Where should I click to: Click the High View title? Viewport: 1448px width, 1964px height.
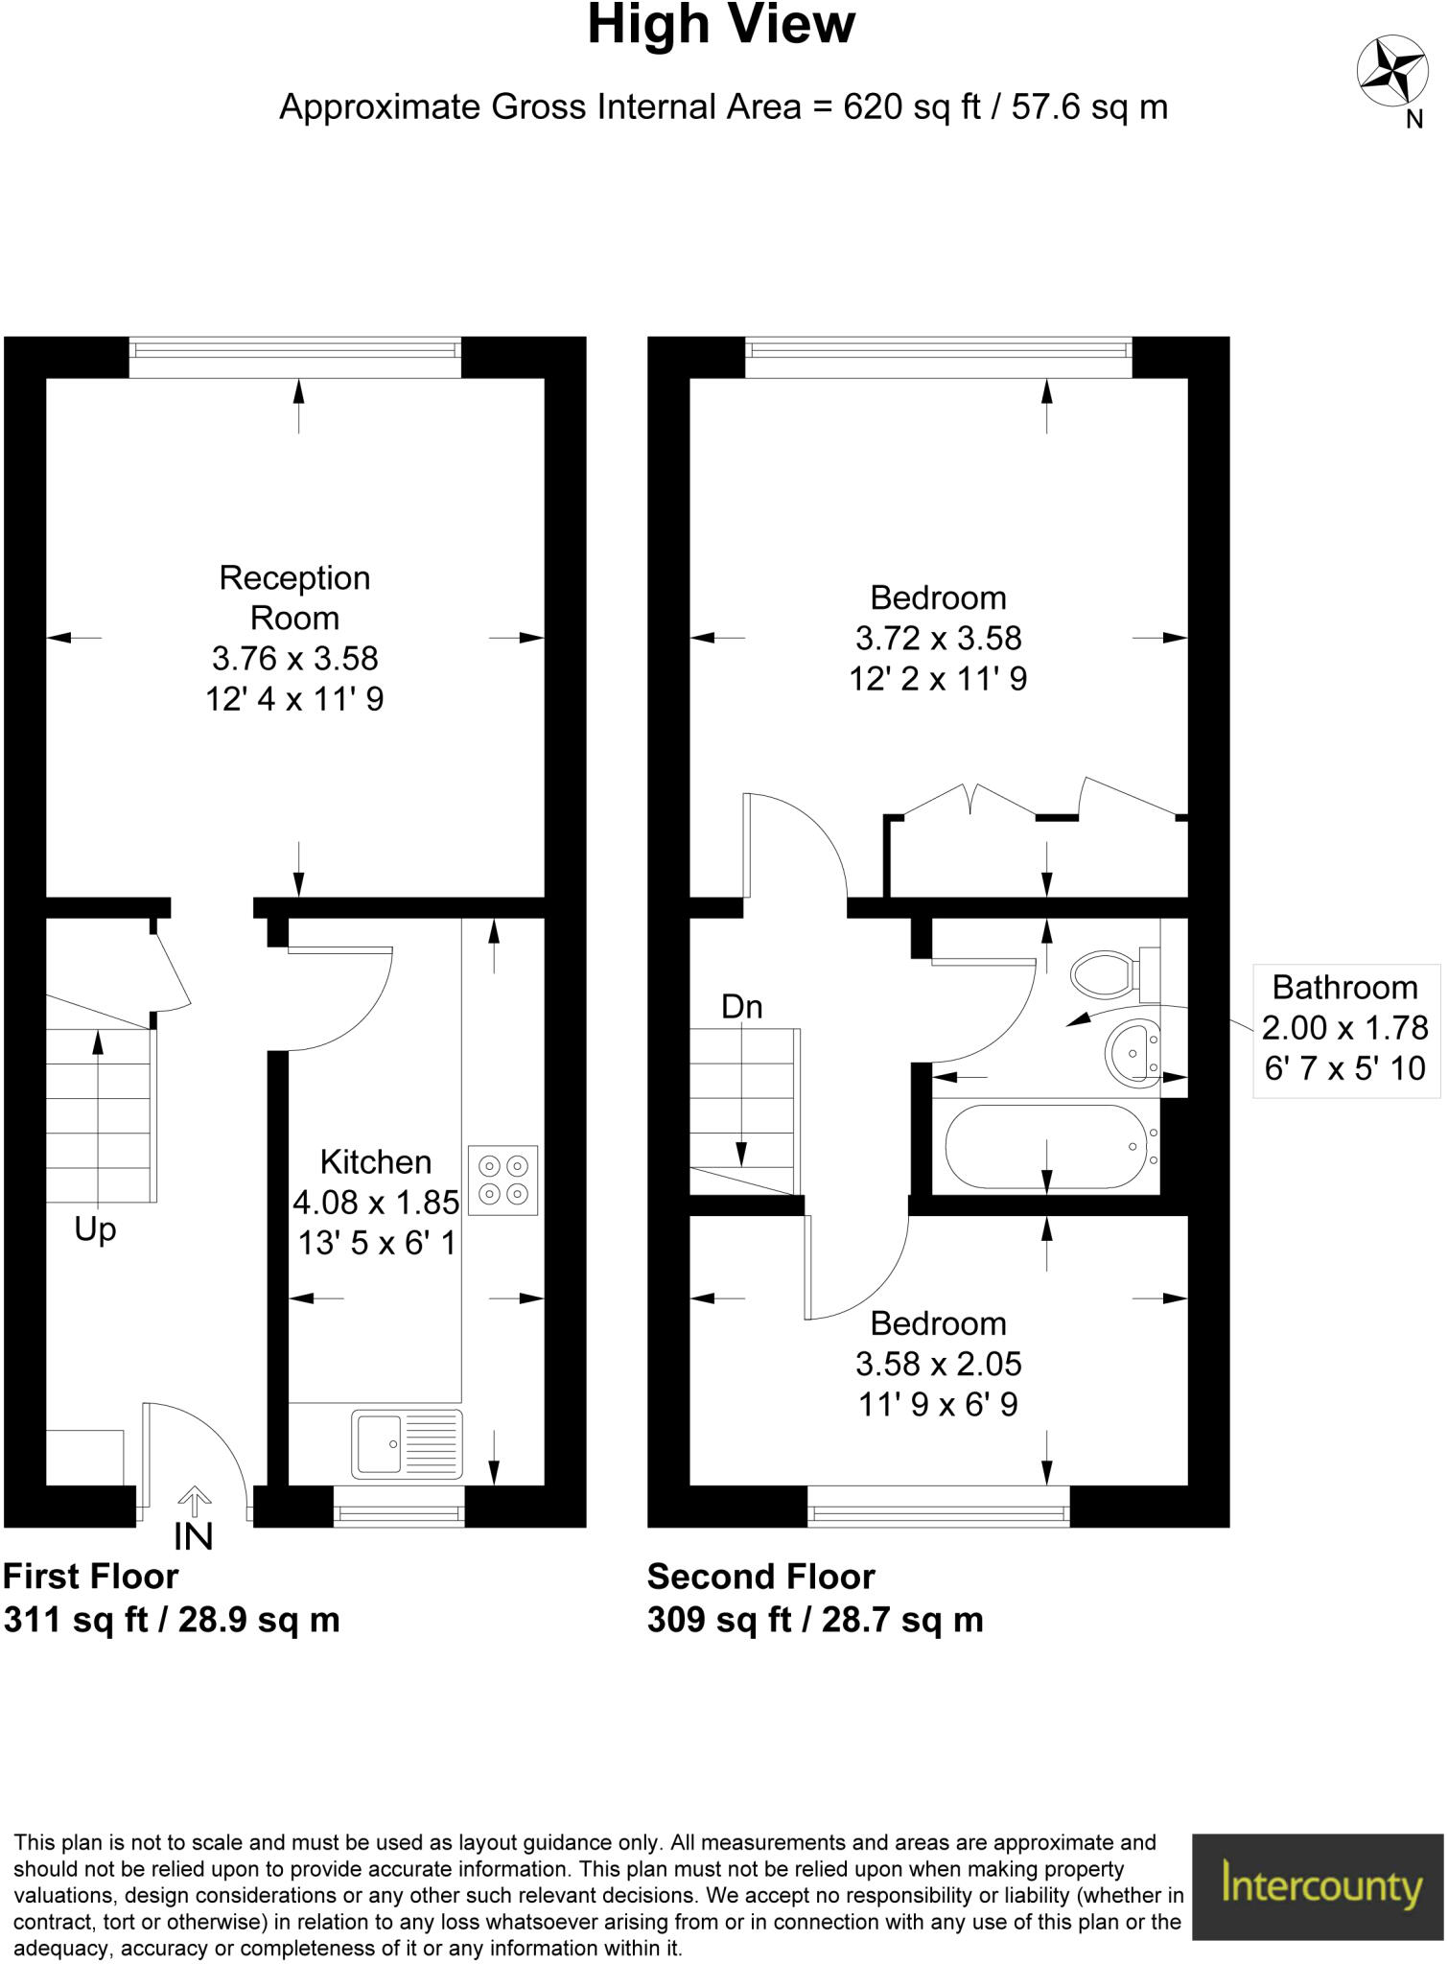720,26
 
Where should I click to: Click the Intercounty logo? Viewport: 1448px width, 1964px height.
1319,1886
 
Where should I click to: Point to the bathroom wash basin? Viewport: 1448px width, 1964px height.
1132,1052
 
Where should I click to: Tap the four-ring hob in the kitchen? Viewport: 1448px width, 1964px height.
503,1181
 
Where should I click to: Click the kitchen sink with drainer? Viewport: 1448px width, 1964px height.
407,1443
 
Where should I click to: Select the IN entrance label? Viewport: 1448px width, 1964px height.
193,1537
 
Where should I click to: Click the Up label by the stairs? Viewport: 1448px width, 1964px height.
95,1229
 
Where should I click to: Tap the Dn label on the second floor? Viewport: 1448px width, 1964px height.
741,1007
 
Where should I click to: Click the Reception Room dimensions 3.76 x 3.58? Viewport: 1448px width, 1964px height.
294,659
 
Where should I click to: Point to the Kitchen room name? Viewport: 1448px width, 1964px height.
376,1162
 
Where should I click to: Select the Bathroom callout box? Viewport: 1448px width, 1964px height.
1344,1028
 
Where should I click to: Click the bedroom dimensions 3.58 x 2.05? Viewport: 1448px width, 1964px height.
938,1364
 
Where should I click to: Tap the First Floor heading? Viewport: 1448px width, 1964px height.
91,1577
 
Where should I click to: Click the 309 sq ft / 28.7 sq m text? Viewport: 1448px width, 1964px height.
815,1620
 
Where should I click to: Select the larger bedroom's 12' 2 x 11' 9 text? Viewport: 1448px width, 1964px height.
938,679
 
